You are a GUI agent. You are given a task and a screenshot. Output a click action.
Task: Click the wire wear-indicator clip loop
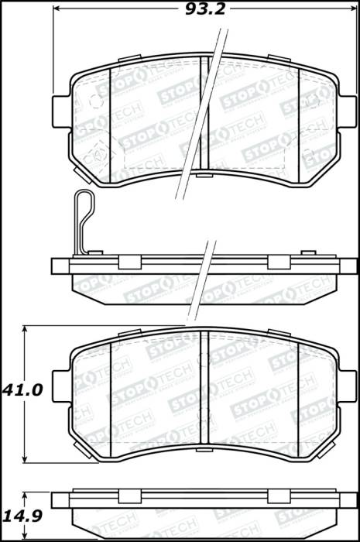84,221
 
